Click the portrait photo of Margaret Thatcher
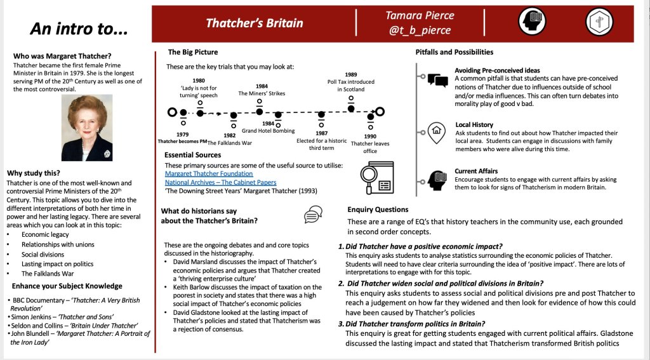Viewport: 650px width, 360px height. (x=87, y=128)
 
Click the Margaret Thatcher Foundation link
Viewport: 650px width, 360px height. (x=209, y=173)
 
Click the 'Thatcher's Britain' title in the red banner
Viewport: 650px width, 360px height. (x=254, y=23)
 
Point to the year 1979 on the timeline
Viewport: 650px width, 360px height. (x=183, y=134)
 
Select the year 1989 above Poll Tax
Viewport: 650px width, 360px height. (x=351, y=74)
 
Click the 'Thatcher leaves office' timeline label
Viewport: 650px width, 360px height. (x=370, y=147)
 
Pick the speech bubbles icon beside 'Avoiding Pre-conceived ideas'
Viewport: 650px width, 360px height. (x=437, y=79)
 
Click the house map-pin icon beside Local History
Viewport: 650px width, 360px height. (x=437, y=132)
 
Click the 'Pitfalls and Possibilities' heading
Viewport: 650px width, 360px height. (x=454, y=52)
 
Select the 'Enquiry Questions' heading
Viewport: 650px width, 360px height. (x=378, y=210)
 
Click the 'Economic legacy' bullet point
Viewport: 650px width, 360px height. (x=46, y=234)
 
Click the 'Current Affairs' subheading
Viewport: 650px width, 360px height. (x=475, y=171)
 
